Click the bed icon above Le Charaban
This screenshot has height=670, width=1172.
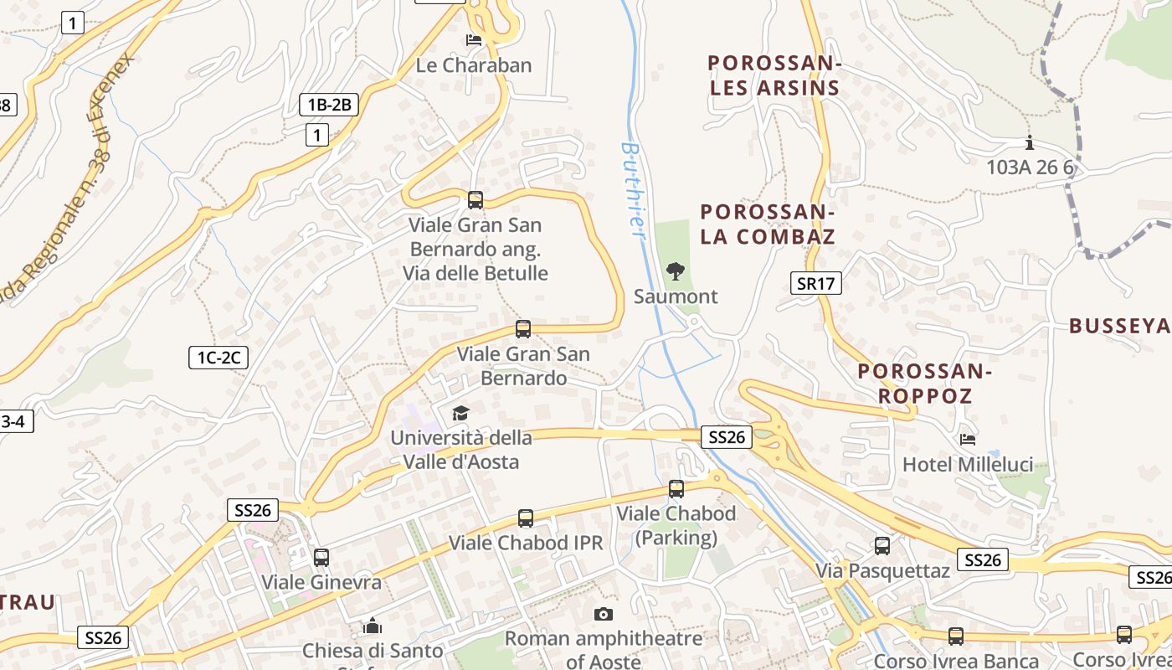[473, 39]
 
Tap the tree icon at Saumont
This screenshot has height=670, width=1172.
[675, 271]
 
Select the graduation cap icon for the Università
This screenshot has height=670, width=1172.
[460, 412]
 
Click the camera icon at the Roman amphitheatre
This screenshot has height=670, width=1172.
[603, 614]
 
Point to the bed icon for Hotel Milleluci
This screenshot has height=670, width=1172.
[968, 438]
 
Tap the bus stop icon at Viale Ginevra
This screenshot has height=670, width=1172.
[321, 557]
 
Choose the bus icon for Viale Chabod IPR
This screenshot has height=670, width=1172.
[526, 518]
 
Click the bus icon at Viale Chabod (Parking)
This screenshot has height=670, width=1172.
[676, 488]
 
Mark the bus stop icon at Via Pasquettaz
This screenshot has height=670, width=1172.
[882, 546]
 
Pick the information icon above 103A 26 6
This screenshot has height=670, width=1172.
[1030, 142]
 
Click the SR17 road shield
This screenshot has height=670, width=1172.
[816, 283]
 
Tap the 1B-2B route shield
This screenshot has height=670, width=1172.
[329, 105]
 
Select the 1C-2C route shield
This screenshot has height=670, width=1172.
[218, 358]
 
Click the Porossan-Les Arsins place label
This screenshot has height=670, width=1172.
[774, 75]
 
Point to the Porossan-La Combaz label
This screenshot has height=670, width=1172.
[768, 224]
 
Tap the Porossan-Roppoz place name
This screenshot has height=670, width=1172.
[925, 383]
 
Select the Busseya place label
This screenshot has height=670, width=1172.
[1119, 326]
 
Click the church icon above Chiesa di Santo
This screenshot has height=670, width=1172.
[373, 626]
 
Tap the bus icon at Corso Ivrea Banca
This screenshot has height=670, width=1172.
[956, 636]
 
